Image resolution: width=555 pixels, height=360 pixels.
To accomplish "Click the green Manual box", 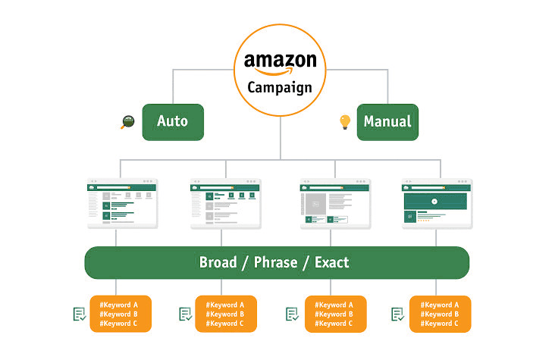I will (387, 122).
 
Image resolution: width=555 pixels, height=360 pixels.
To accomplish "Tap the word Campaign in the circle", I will (280, 87).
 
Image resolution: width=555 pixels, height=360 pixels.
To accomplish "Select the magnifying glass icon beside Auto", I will (127, 122).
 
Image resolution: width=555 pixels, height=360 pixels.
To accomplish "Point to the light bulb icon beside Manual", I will (345, 121).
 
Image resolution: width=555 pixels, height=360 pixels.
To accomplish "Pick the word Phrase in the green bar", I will (276, 263).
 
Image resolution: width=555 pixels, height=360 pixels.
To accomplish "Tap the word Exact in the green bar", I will (331, 263).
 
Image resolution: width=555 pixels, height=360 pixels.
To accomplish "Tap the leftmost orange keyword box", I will (120, 314).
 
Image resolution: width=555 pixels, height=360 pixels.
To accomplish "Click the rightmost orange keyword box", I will (440, 314).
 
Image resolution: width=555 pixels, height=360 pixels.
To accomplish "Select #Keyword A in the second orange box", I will (225, 305).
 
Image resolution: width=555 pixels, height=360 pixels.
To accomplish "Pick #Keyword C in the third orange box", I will (334, 324).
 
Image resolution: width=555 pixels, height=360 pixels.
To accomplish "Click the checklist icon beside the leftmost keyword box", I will (79, 314).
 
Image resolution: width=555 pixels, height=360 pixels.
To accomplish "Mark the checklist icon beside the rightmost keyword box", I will (397, 314).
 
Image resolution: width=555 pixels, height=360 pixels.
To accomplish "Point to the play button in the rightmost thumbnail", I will (435, 202).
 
